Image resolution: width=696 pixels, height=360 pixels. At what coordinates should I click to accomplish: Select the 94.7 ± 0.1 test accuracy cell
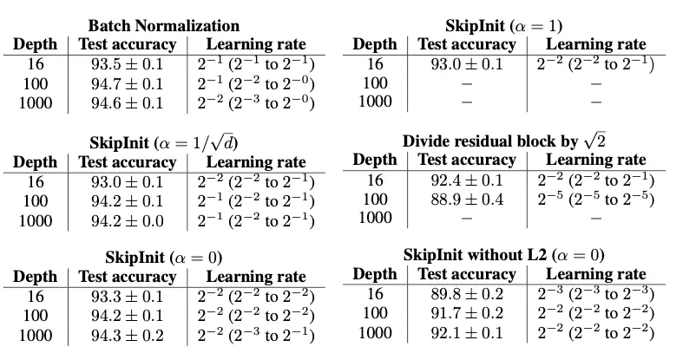[x=128, y=83]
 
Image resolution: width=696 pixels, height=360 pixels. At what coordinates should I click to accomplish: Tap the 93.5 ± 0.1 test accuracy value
[x=128, y=64]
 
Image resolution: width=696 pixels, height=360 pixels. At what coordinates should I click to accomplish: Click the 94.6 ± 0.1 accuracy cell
[x=128, y=103]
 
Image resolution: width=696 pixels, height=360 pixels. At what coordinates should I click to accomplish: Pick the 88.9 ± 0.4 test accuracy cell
[x=467, y=199]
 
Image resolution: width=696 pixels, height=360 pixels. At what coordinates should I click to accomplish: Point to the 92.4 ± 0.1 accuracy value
[x=467, y=180]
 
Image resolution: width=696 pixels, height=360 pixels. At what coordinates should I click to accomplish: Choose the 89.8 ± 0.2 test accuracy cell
[x=467, y=294]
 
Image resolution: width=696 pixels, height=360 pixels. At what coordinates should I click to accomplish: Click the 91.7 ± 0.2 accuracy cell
[x=467, y=313]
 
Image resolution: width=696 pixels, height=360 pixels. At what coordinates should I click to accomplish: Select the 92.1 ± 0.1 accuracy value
[x=467, y=332]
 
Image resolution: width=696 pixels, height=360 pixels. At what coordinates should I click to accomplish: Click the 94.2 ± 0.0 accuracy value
[x=128, y=219]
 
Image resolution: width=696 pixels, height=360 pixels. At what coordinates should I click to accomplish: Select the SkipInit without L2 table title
[x=503, y=255]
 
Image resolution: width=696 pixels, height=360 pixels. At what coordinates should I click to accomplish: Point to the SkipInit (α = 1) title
[x=503, y=25]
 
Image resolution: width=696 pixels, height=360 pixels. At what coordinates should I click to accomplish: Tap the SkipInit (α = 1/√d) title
[x=165, y=142]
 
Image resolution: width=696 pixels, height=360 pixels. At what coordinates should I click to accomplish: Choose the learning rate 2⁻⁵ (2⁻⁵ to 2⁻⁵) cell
[x=594, y=199]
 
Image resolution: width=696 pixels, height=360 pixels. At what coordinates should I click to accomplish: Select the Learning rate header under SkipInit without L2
[x=595, y=274]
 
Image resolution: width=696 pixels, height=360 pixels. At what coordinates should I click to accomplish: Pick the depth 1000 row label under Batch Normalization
[x=35, y=103]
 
